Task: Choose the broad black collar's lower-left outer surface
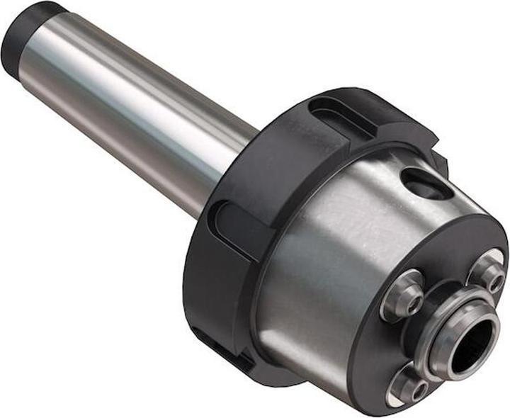[x=205, y=298]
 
